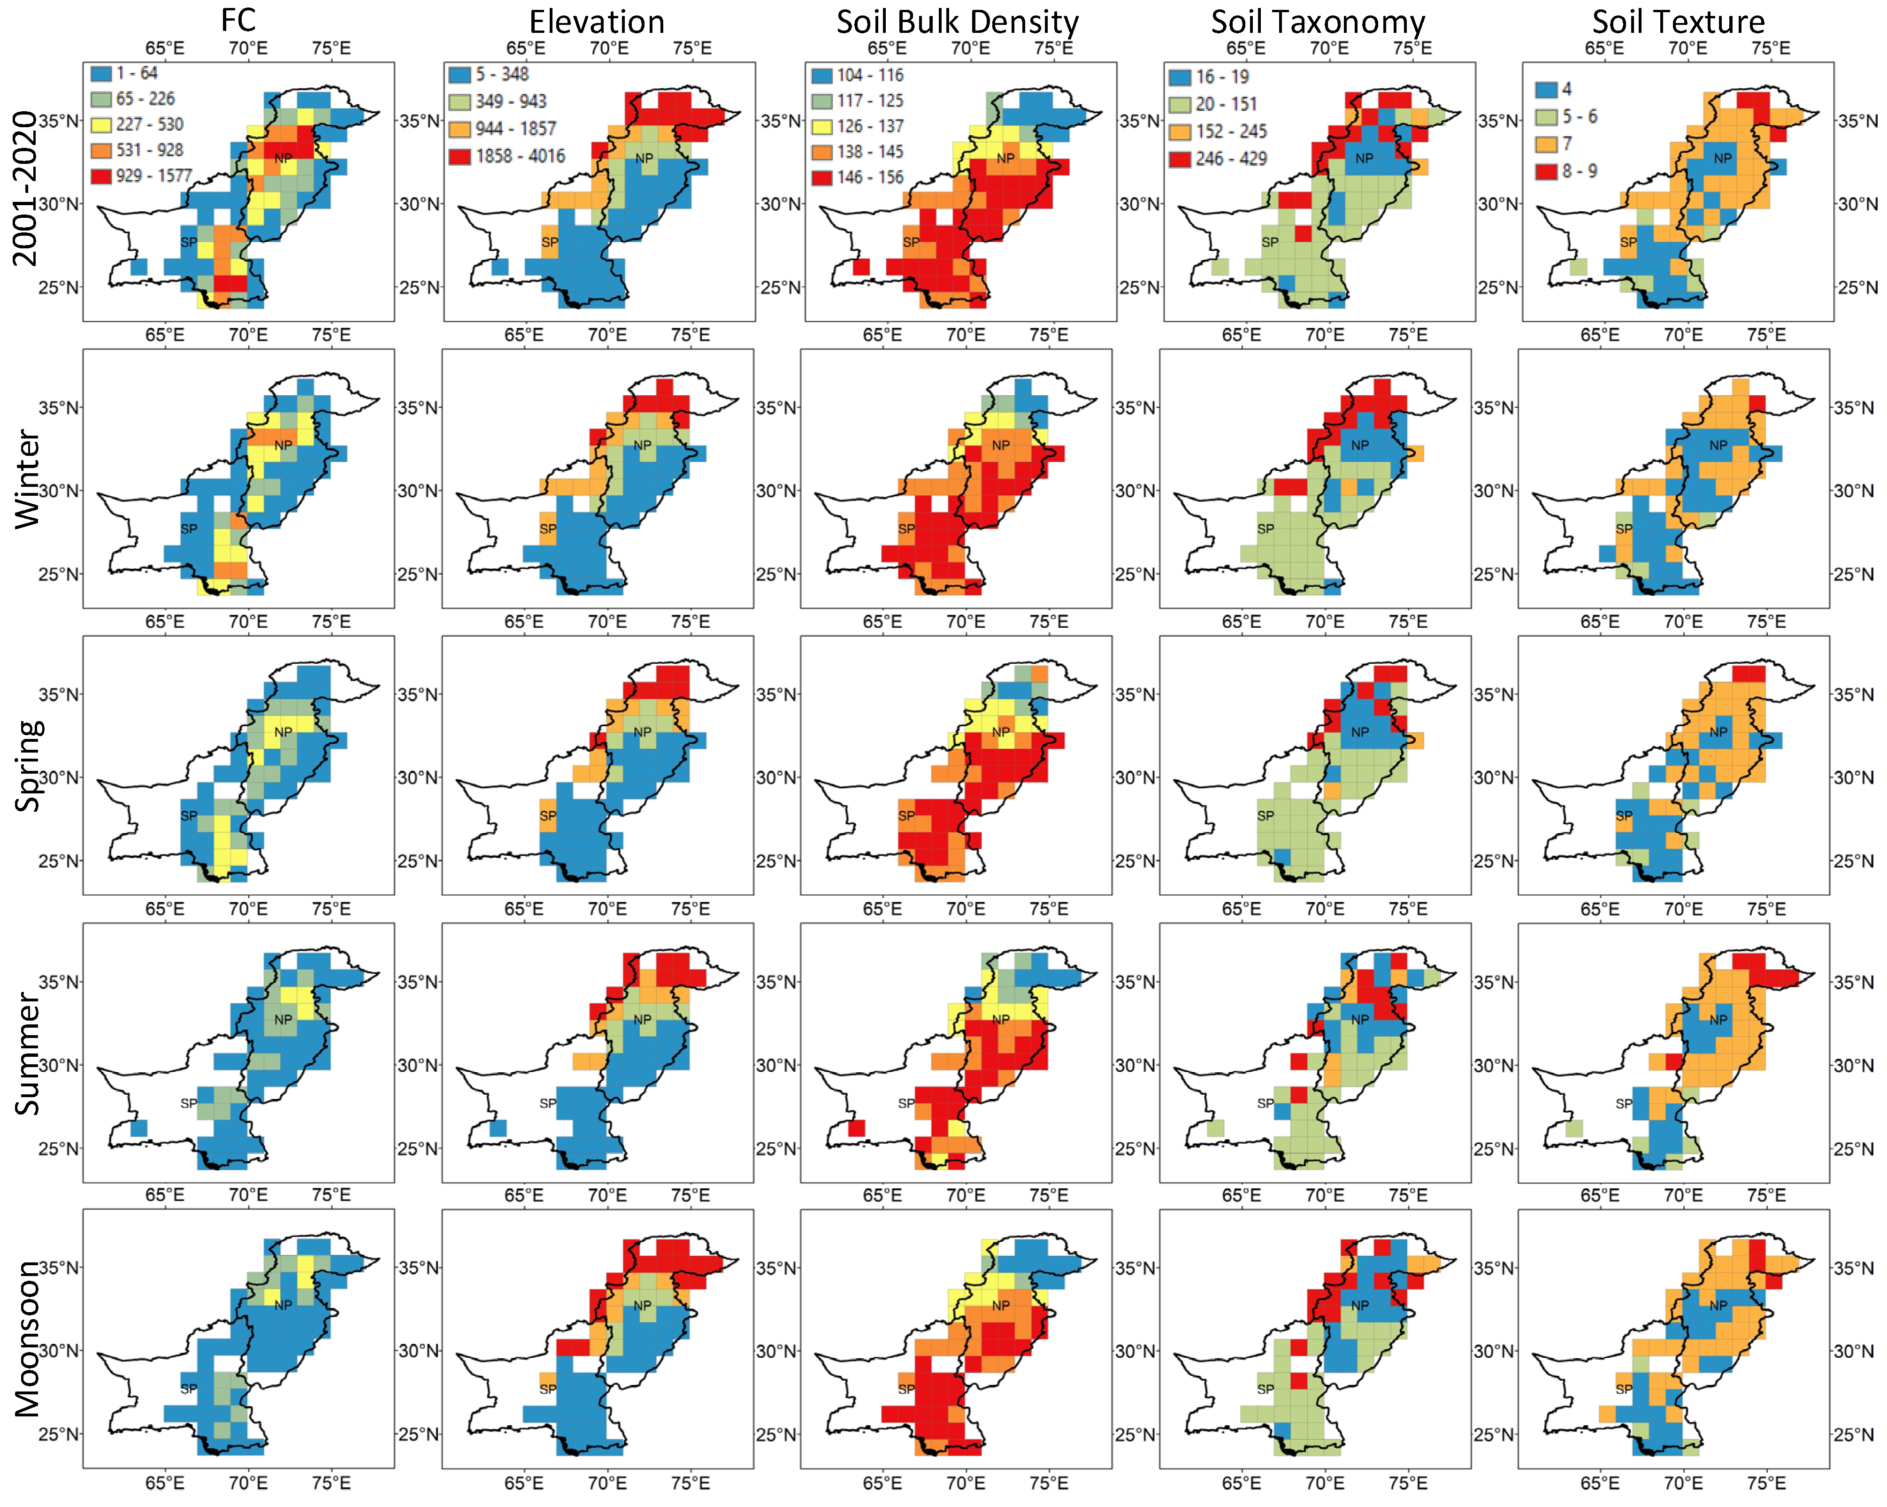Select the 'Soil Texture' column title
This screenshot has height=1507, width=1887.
coord(1678,21)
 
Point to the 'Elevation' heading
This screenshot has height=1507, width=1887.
coord(597,21)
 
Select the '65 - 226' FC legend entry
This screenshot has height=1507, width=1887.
coord(145,99)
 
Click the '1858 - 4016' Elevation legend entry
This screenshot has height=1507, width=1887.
coord(520,157)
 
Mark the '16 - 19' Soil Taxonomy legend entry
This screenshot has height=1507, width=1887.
coord(1222,77)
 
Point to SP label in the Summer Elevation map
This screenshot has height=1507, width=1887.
coord(548,1104)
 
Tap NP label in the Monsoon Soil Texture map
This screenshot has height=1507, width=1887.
coord(1718,1305)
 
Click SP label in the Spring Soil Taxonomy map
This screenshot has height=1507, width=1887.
coord(1266,815)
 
